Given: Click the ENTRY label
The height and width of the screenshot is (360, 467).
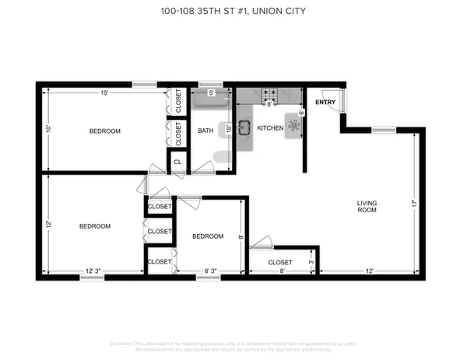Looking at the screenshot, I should click(325, 101).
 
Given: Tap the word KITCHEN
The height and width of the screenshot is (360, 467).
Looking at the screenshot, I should click(270, 128).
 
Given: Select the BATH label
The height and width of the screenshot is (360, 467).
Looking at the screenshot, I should click(205, 131).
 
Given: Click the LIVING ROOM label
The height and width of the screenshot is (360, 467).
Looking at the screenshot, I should click(367, 206).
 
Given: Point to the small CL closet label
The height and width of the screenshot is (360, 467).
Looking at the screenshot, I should click(177, 162).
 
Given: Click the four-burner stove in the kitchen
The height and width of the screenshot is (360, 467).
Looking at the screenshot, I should click(271, 96).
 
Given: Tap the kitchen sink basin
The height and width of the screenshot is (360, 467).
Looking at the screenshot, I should click(244, 128).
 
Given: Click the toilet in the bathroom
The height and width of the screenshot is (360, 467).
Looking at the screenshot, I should click(222, 159).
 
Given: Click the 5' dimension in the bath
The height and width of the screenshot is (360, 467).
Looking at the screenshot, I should click(211, 93).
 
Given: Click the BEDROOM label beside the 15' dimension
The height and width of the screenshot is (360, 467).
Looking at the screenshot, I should click(105, 131).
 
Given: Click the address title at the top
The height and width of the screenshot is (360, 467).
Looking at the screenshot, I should click(233, 10).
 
